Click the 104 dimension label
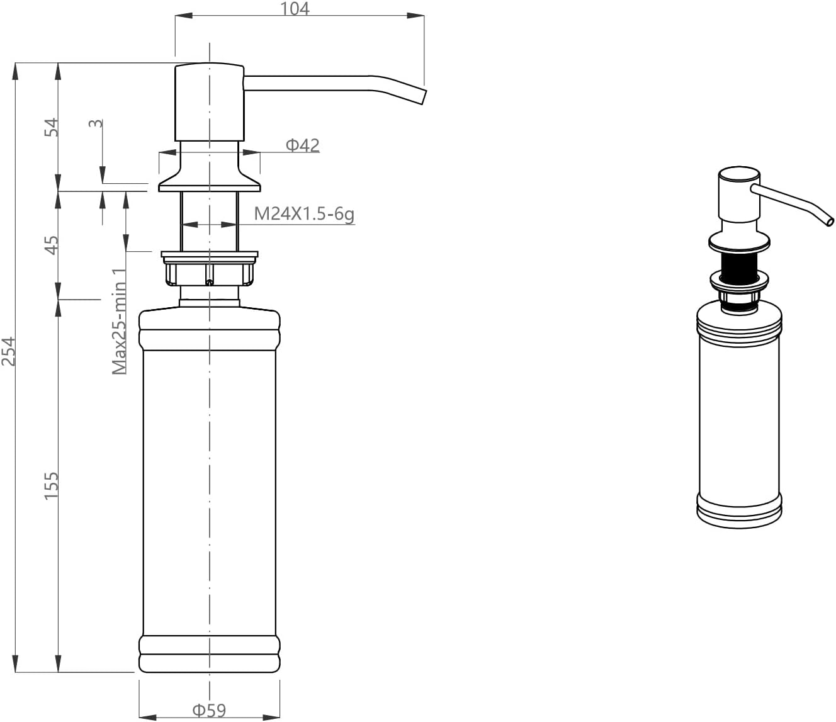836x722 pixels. (295, 8)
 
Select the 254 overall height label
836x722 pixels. (8, 351)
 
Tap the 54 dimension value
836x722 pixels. (52, 127)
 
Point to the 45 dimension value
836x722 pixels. (52, 245)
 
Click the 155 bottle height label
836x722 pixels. (52, 485)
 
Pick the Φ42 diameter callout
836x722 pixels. (303, 145)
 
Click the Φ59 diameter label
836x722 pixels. (209, 710)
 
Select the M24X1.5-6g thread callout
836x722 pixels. (304, 213)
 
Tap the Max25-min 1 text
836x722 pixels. (119, 322)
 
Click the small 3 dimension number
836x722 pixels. (96, 123)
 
